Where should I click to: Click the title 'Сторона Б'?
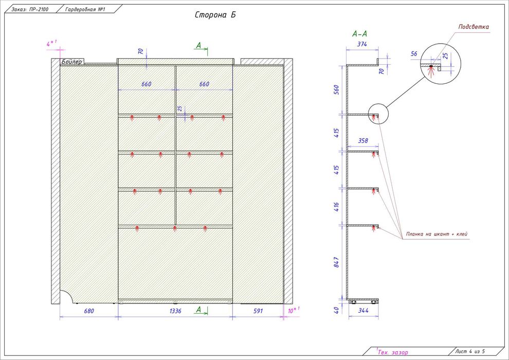point(215,15)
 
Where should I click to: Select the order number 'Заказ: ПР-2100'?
point(30,9)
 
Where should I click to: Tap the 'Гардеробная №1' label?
point(85,9)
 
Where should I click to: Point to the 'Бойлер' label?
point(71,62)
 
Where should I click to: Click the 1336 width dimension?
point(176,311)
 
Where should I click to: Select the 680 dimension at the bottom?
point(88,311)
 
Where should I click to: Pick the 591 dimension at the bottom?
point(257,311)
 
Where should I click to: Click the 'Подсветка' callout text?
point(474,27)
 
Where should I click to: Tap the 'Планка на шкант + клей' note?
point(437,234)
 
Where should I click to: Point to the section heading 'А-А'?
point(359,34)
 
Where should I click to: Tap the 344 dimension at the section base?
point(363,311)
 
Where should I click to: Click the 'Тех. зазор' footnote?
point(392,352)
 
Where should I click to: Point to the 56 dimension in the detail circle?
point(414,53)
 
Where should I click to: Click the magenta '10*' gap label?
point(293,311)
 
